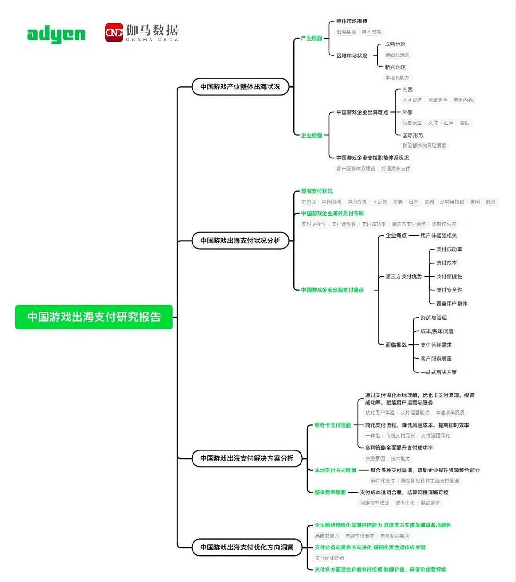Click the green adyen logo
(56, 34)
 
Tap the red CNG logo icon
(114, 33)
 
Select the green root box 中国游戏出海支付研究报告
(94, 317)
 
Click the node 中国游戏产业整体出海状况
(240, 87)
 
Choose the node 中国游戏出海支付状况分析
(240, 241)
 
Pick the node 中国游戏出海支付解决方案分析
(247, 458)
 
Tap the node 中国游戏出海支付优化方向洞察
(247, 547)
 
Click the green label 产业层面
(312, 38)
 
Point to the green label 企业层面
(312, 135)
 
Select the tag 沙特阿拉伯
(451, 202)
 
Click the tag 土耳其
(380, 202)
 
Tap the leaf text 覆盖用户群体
(451, 303)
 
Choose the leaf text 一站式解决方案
(439, 372)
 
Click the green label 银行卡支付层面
(333, 425)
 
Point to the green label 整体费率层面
(330, 492)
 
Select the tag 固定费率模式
(375, 503)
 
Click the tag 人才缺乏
(412, 100)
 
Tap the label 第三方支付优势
(404, 276)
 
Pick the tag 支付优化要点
(329, 558)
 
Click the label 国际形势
(412, 135)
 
